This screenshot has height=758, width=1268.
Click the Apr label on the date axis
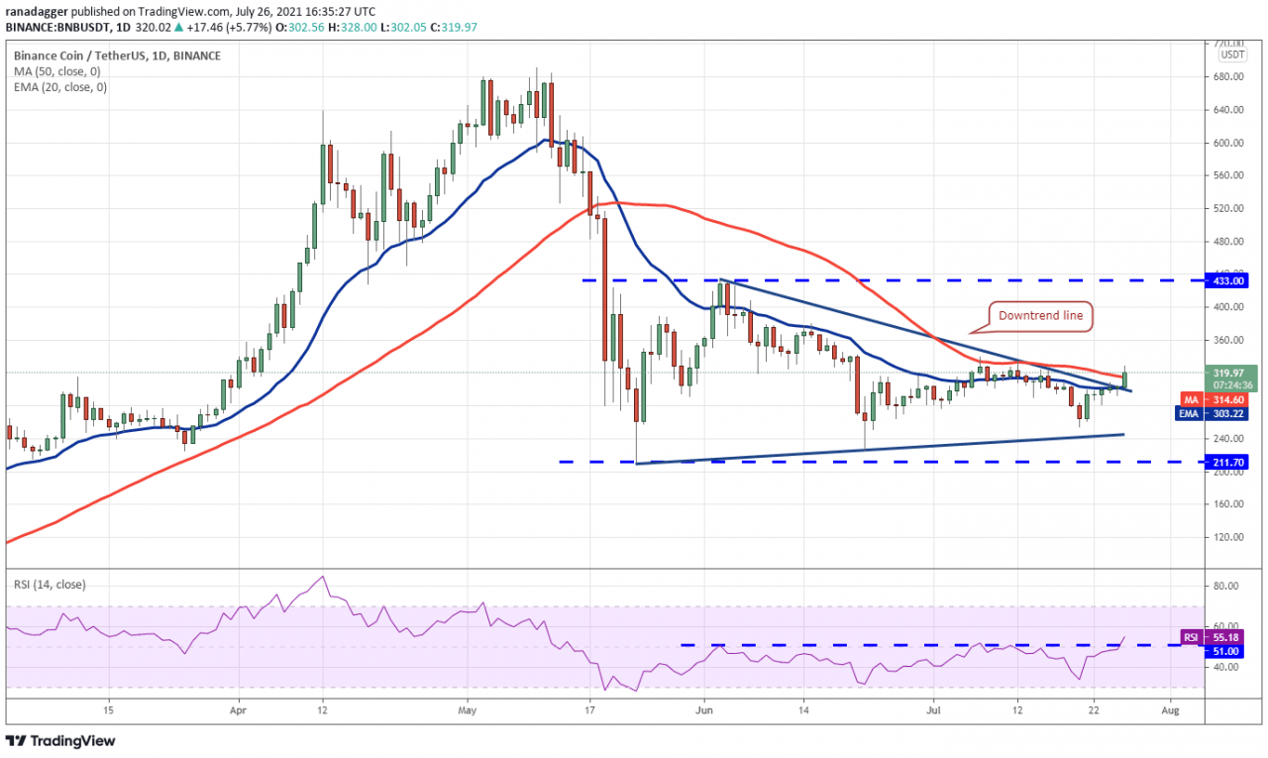(x=237, y=710)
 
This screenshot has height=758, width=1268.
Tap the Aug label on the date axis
(x=1170, y=710)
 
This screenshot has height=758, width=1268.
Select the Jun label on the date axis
(x=704, y=710)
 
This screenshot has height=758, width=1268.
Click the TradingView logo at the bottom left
(x=61, y=740)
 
